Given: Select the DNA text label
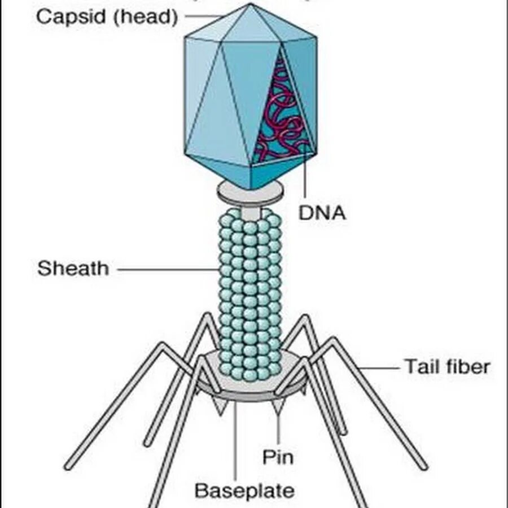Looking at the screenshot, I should point(322,213).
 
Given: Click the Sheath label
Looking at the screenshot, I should point(73,268).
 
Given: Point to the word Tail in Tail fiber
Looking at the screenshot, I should point(421,367).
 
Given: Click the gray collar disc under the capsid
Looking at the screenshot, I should point(250,192).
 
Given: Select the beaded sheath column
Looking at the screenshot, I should point(250,294).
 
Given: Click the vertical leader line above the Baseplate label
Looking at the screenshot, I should point(237,440).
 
